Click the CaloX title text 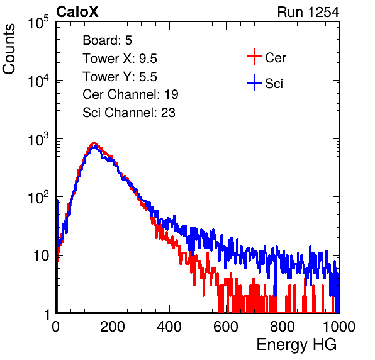77,12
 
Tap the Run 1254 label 308,12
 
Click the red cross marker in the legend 254,57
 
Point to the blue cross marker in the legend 254,82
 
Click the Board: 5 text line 108,40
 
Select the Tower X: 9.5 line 120,59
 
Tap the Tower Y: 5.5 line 120,77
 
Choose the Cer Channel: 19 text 130,94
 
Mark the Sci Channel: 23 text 129,113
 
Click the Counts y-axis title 9,49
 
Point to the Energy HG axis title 296,345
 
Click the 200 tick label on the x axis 113,327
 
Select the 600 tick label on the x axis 226,327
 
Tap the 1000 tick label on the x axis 339,327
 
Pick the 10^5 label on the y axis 38,23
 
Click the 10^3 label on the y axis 38,139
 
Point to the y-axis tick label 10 41,256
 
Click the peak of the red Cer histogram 94,143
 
